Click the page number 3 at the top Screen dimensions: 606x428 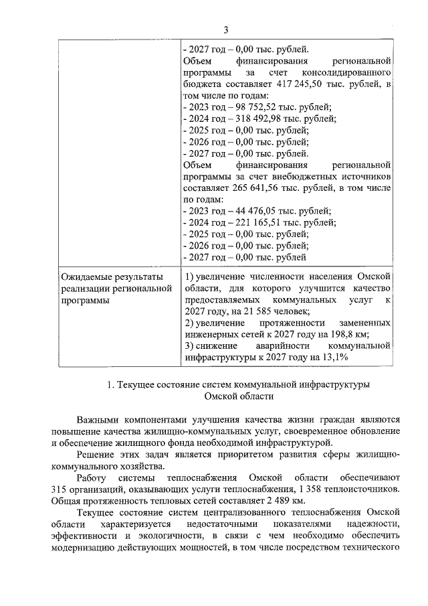click(x=226, y=29)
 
